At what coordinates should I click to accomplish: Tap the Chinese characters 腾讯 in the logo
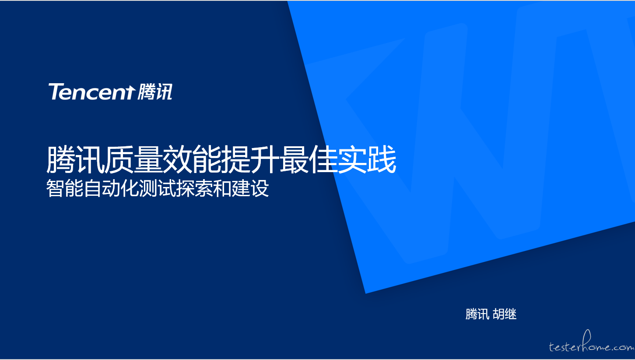[x=155, y=92]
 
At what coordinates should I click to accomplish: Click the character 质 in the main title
[x=119, y=159]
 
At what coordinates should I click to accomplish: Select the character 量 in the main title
[x=148, y=159]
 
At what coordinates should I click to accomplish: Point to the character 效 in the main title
[x=178, y=159]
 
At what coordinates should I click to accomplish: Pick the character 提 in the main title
[x=235, y=159]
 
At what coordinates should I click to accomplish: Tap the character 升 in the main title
[x=265, y=159]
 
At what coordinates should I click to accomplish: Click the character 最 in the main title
[x=294, y=159]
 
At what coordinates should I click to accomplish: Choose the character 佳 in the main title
[x=323, y=159]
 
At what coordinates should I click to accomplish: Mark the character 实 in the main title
[x=352, y=159]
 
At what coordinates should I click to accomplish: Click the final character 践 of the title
[x=382, y=159]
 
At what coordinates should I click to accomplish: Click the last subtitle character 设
[x=260, y=188]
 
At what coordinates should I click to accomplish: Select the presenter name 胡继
[x=505, y=314]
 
